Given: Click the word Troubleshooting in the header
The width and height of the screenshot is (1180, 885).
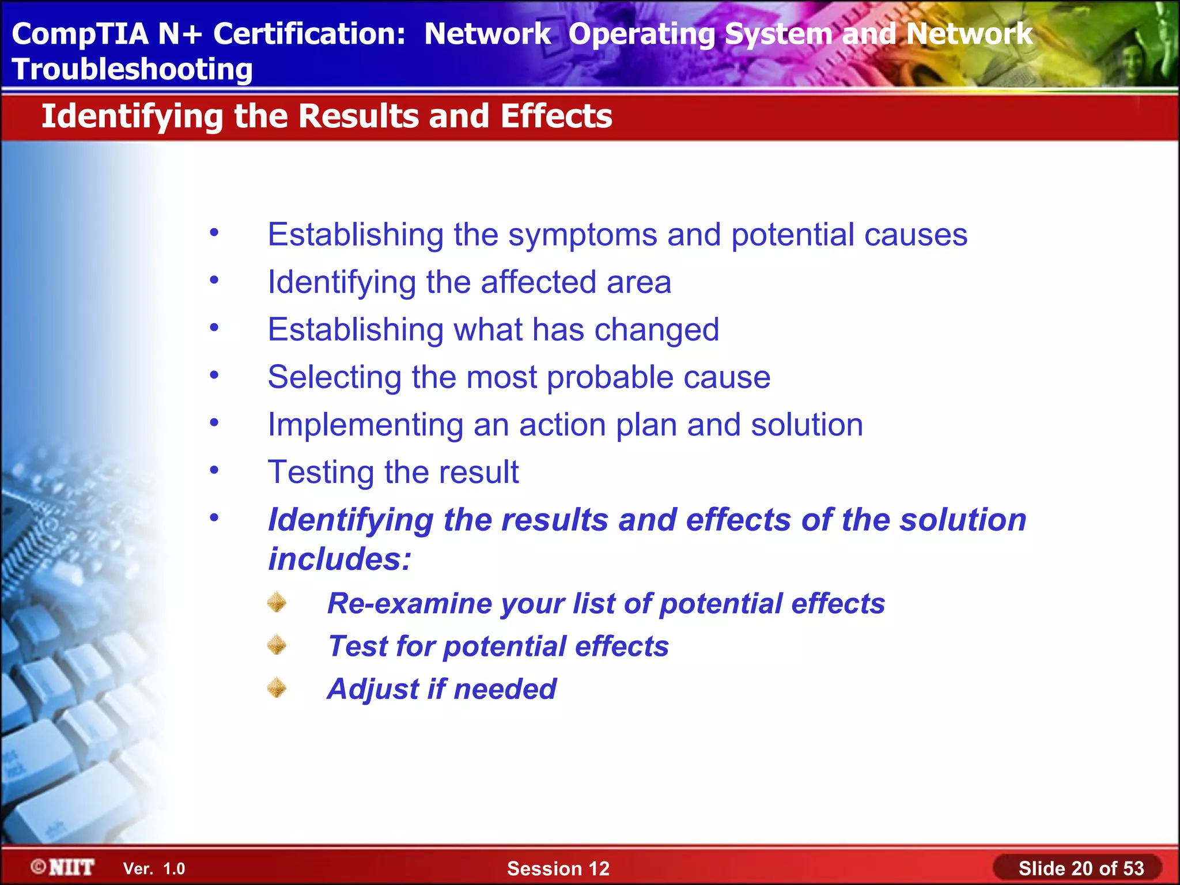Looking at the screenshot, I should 132,70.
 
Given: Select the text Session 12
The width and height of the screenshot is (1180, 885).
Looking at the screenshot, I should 558,868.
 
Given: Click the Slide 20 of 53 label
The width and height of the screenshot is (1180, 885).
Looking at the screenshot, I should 1080,868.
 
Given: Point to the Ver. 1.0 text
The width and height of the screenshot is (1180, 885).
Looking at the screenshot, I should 154,869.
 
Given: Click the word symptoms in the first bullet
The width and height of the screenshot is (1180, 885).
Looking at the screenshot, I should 583,236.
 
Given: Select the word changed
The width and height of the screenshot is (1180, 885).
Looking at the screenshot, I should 656,330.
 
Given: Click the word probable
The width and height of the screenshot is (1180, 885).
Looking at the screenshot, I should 610,378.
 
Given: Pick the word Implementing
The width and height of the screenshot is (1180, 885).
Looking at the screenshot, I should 365,426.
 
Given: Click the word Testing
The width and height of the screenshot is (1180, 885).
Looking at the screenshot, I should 321,472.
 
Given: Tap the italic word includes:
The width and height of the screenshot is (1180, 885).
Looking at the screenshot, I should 340,559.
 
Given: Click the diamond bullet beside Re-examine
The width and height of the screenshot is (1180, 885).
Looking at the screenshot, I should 277,602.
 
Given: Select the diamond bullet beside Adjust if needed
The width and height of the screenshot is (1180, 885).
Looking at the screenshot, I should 277,687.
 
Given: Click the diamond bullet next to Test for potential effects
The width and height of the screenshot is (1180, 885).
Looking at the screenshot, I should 277,645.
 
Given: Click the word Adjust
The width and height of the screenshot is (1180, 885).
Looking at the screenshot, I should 373,689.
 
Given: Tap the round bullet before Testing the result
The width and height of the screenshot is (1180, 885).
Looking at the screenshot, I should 214,470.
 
